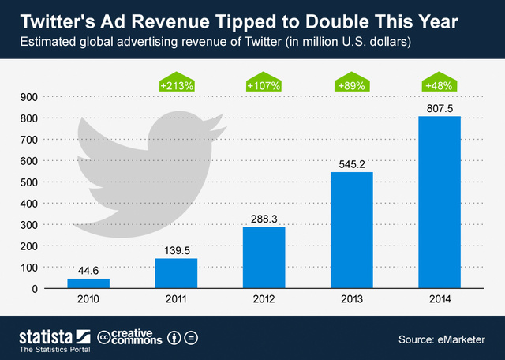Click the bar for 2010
pyautogui.click(x=88, y=283)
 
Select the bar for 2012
pyautogui.click(x=264, y=257)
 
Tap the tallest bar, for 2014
pyautogui.click(x=440, y=202)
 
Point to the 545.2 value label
pyautogui.click(x=351, y=163)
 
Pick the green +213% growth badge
pyautogui.click(x=175, y=84)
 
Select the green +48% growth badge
pyautogui.click(x=440, y=84)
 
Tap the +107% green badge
pyautogui.click(x=264, y=84)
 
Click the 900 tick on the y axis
pyautogui.click(x=28, y=97)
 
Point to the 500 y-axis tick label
pyautogui.click(x=28, y=182)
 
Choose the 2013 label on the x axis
pyautogui.click(x=351, y=301)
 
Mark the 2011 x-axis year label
pyautogui.click(x=176, y=301)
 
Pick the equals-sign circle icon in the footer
pyautogui.click(x=192, y=338)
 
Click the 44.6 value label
pyautogui.click(x=88, y=270)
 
